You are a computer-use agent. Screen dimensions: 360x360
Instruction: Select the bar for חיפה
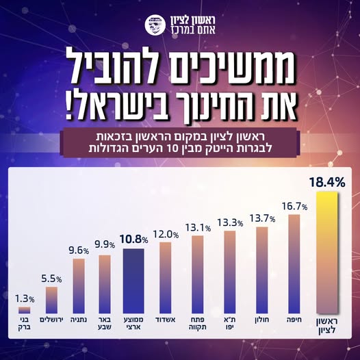(294, 263)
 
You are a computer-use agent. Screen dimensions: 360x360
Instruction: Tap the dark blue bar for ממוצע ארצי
(133, 280)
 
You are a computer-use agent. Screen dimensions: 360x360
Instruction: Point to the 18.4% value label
(325, 183)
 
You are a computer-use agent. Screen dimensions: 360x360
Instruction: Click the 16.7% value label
(293, 205)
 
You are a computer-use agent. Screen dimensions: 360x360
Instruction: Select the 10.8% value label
(134, 240)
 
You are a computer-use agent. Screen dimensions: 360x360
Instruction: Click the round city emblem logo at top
(155, 26)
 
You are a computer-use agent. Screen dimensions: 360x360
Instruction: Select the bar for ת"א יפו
(230, 271)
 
